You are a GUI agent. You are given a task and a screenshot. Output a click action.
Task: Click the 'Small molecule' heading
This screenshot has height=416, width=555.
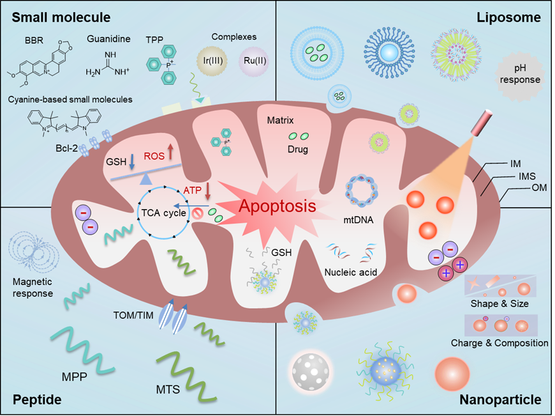click(61, 17)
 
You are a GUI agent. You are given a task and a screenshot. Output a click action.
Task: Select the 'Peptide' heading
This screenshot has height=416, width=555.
click(38, 400)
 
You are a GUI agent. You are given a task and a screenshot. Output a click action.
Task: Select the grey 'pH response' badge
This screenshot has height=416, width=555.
click(521, 75)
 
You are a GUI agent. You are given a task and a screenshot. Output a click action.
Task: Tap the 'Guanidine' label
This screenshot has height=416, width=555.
click(109, 39)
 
